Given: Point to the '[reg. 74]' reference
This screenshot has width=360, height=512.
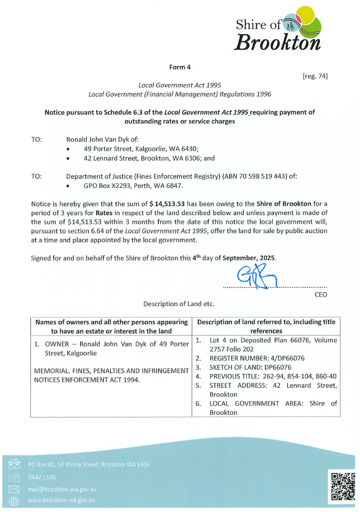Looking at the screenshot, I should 315,76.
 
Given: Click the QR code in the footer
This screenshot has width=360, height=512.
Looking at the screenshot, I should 343,486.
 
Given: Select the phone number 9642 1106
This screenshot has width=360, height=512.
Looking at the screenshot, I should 42,477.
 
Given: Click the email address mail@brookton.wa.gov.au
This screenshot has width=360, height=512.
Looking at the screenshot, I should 62,489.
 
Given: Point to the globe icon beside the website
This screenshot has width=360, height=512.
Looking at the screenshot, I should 14,501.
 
